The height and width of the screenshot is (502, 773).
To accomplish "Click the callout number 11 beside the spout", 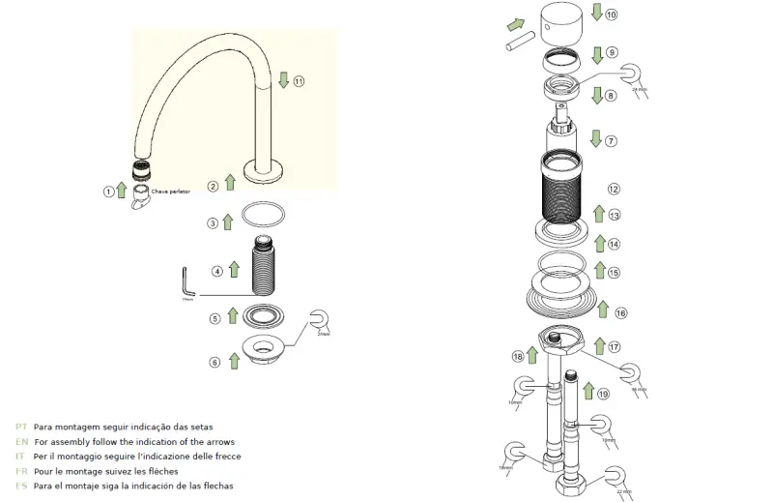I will (299, 81).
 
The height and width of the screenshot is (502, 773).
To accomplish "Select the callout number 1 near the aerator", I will (108, 192).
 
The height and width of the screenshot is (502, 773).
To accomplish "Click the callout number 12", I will (613, 189).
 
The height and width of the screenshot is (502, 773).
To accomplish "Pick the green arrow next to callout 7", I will (595, 138).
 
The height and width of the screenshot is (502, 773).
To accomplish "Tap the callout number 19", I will (603, 394).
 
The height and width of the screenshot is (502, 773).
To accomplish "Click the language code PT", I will (20, 427).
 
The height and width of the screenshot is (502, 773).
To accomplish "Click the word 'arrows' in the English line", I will (219, 441).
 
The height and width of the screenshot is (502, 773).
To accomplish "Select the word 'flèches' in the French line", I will (175, 471).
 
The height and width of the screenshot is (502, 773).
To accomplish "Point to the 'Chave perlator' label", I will (170, 192).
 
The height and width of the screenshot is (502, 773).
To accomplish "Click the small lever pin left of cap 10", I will (521, 44).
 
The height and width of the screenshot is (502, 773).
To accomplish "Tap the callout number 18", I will (518, 357).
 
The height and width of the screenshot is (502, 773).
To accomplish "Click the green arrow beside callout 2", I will (229, 182).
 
